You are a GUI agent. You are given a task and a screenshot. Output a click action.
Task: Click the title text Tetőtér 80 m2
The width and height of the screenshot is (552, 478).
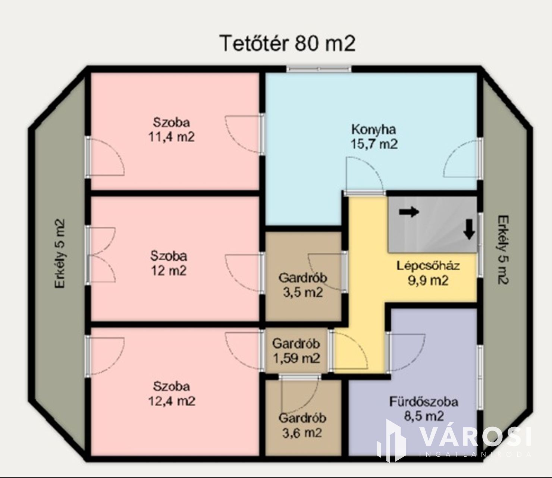tap(288, 43)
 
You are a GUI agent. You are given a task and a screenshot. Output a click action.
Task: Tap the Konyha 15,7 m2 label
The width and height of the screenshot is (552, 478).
tap(374, 137)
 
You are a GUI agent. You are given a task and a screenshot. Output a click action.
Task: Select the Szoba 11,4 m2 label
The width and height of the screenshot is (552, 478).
tap(172, 130)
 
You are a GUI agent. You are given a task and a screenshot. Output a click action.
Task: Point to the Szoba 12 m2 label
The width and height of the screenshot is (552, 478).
tap(169, 263)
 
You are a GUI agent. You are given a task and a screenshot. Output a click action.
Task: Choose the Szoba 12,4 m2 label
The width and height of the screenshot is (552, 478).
tap(172, 394)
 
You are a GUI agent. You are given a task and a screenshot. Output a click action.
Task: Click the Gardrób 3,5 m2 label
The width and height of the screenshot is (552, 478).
tap(303, 285)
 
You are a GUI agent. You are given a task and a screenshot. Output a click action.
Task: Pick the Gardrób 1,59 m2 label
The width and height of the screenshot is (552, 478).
tap(296, 351)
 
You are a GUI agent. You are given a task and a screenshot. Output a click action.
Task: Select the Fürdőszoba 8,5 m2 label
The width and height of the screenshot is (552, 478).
tap(424, 409)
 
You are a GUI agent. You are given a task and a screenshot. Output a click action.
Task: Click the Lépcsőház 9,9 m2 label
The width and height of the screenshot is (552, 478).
tap(428, 273)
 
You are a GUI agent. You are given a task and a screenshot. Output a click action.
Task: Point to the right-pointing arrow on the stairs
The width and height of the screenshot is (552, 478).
tap(409, 212)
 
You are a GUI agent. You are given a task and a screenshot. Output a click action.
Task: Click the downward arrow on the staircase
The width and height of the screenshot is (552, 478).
tap(469, 229)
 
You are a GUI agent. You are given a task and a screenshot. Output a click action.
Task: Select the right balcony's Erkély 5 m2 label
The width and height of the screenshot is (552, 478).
tap(503, 250)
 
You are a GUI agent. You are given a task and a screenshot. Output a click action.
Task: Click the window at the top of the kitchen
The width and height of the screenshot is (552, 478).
tap(319, 69)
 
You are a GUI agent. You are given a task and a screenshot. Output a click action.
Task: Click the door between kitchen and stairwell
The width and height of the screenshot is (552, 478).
tap(365, 175)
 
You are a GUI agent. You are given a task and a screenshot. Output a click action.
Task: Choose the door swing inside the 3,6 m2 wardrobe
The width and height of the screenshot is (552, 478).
tap(299, 394)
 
